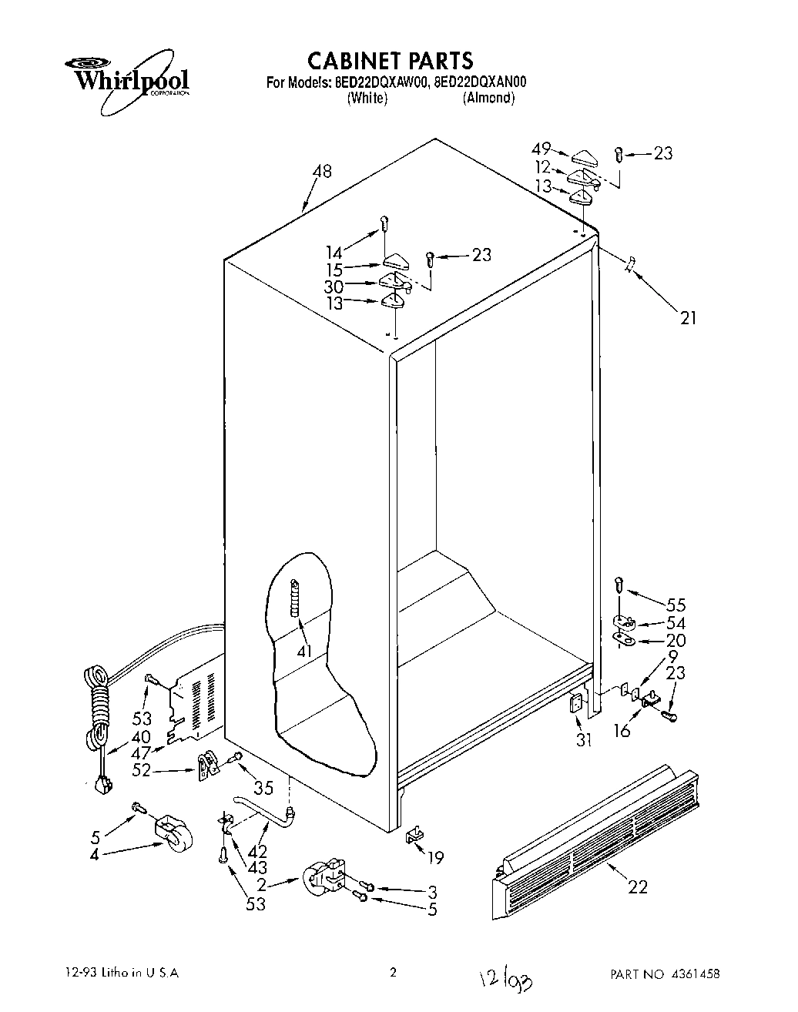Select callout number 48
click(322, 171)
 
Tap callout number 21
click(688, 316)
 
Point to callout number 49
click(542, 149)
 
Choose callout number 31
click(584, 740)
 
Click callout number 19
click(435, 856)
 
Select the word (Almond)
click(488, 98)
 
